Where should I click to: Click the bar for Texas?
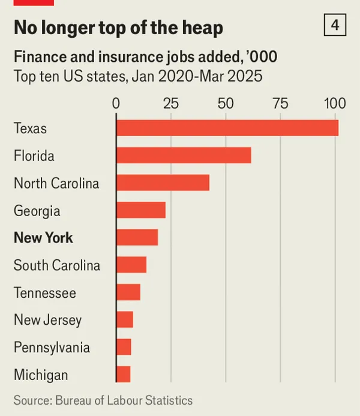(227, 128)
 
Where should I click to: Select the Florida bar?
(184, 155)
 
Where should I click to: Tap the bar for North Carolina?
(163, 182)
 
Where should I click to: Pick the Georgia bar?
(140, 210)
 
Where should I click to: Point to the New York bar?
(137, 238)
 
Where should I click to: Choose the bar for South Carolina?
(131, 265)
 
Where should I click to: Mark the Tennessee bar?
(128, 292)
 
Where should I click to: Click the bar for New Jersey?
(125, 319)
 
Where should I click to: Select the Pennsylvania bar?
(124, 347)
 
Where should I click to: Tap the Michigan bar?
(123, 375)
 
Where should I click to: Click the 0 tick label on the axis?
(116, 103)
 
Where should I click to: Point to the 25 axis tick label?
(171, 103)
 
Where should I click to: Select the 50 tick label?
(226, 103)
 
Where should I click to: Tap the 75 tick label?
(280, 103)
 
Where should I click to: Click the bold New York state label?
(43, 238)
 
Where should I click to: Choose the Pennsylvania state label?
(52, 348)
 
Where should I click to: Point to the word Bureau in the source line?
(77, 400)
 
